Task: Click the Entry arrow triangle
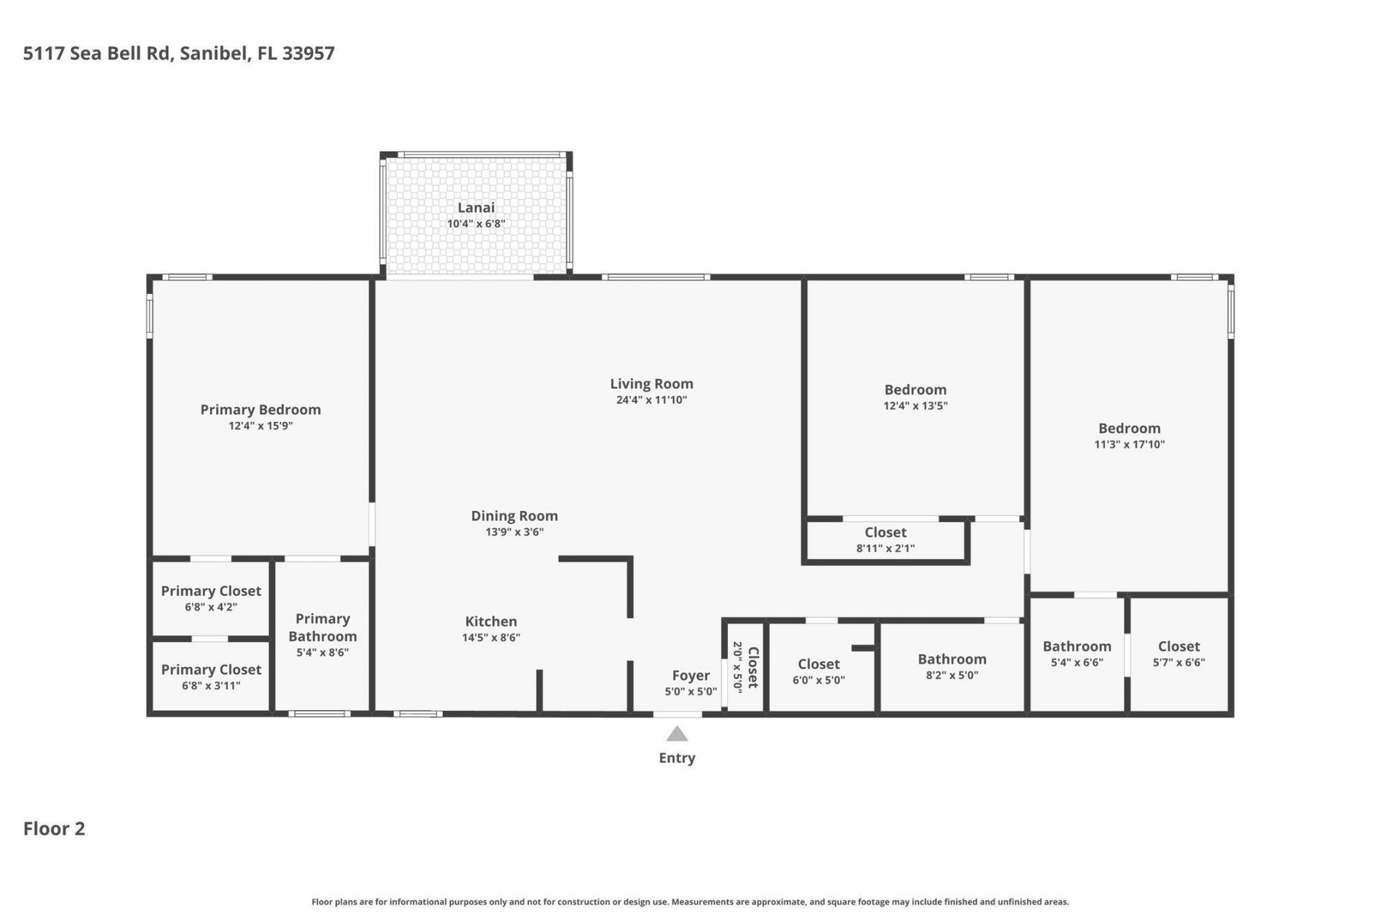pos(677,735)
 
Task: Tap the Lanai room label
pos(476,208)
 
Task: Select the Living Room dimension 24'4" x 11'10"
pos(651,400)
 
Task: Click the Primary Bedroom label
pos(260,410)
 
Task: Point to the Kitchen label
pos(491,622)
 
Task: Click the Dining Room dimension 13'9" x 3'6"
pos(514,533)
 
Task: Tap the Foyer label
pos(690,676)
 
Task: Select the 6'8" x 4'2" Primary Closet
pos(211,599)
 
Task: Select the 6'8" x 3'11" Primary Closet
pos(211,677)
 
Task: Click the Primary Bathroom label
pos(322,627)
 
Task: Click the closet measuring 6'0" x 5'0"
pos(819,671)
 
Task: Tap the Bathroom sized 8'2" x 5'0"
pos(952,666)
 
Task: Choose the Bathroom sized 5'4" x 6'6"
pos(1077,653)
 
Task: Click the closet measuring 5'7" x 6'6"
pos(1179,653)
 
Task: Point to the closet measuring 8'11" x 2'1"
pos(885,540)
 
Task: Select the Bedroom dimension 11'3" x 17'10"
pos(1129,445)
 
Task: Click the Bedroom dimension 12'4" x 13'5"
pos(915,406)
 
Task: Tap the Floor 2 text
pos(54,829)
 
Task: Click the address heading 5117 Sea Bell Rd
pos(178,54)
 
